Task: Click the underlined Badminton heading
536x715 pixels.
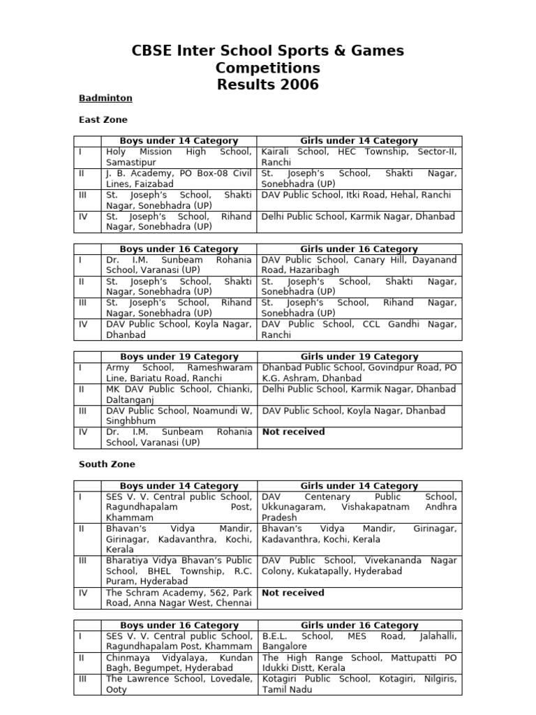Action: (105, 98)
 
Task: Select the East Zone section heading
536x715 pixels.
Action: (103, 120)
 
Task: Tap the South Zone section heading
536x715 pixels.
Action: (107, 464)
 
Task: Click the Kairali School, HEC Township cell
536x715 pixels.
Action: (359, 156)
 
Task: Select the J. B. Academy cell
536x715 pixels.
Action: (179, 179)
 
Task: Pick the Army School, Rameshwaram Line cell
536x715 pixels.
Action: (179, 372)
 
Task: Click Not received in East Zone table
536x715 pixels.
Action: (293, 432)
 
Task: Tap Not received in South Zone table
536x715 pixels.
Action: (293, 593)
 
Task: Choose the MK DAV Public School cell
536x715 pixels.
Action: (179, 394)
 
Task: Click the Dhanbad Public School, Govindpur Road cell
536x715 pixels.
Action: (359, 372)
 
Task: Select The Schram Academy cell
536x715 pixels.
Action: (179, 598)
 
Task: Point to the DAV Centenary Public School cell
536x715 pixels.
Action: (359, 507)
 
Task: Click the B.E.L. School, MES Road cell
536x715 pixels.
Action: (359, 641)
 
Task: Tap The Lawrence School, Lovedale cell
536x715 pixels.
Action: (179, 684)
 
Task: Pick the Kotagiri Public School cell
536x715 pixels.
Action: (359, 684)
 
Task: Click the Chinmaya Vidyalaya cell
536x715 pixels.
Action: (179, 663)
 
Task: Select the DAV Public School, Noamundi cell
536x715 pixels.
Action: (179, 416)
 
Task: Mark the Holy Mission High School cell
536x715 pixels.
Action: (179, 156)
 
